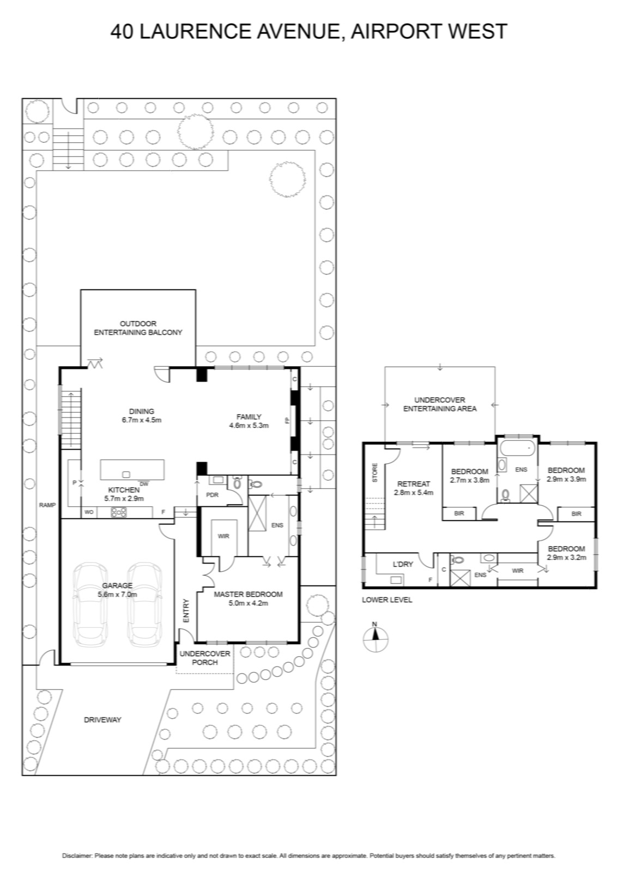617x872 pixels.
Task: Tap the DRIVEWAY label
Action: click(x=102, y=720)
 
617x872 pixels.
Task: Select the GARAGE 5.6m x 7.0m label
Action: click(x=117, y=590)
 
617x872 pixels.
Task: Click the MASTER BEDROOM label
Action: click(x=248, y=595)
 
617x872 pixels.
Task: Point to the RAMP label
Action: click(x=47, y=505)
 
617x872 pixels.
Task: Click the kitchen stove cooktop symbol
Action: click(x=119, y=512)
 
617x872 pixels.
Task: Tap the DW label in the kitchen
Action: click(x=144, y=484)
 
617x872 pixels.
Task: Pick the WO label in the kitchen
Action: click(x=89, y=512)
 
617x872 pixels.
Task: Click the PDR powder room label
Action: click(x=212, y=495)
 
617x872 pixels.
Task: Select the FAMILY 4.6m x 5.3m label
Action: click(x=249, y=421)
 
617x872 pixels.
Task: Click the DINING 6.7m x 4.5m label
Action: click(x=141, y=416)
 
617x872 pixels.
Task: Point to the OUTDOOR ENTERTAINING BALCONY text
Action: click(x=138, y=328)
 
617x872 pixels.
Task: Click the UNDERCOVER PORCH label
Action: click(x=205, y=658)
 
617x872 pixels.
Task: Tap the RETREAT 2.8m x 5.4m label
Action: click(x=413, y=488)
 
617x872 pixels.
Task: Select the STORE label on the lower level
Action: click(x=375, y=473)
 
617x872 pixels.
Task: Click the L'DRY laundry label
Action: click(x=402, y=564)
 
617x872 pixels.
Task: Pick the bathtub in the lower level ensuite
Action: click(x=517, y=449)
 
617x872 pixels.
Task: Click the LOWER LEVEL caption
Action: click(x=387, y=600)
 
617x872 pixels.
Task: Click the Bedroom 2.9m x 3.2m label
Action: click(x=566, y=553)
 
